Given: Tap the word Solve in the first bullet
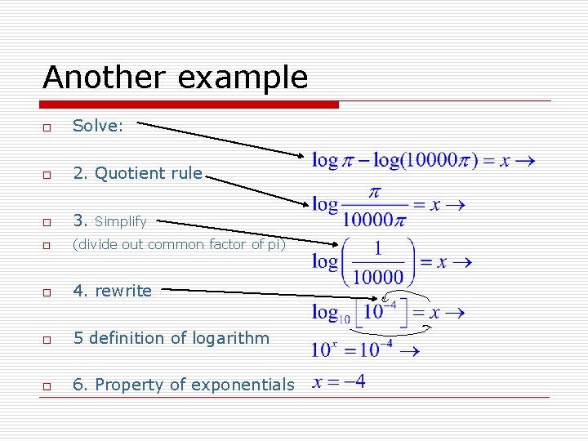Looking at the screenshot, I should (x=96, y=126).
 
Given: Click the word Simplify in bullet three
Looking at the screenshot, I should (x=121, y=221).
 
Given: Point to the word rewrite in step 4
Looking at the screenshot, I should (x=123, y=291).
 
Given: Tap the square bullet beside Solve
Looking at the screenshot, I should (x=48, y=128).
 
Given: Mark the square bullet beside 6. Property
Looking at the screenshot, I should (x=48, y=386).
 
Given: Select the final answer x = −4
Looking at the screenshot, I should (x=338, y=381).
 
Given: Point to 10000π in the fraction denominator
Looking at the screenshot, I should (x=375, y=218).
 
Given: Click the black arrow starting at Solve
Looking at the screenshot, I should (x=220, y=139).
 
